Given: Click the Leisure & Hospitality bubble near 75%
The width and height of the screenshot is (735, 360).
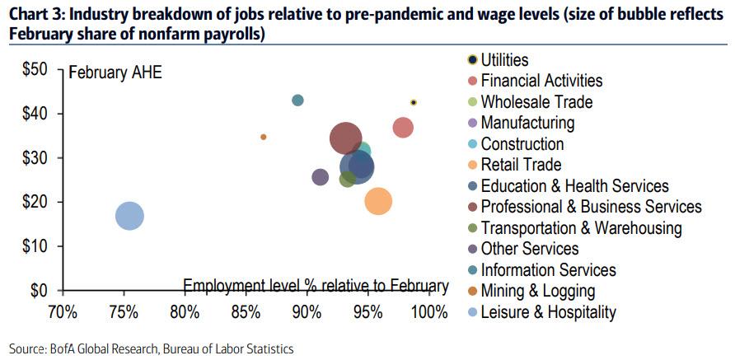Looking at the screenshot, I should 129,217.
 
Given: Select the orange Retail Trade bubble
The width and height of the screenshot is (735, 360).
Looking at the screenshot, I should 377,201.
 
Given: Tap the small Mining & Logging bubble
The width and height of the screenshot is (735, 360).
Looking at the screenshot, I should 264,137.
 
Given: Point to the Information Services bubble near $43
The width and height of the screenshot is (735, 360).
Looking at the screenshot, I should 297,101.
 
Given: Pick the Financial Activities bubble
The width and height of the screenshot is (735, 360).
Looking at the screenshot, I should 403,128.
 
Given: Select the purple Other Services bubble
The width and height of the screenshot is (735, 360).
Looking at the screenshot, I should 320,177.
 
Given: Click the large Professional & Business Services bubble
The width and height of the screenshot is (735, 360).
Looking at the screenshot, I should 346,138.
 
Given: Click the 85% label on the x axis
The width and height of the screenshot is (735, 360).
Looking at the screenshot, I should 246,312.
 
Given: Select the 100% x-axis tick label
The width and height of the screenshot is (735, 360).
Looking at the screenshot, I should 428,312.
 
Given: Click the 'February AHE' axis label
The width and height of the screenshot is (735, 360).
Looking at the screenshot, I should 115,72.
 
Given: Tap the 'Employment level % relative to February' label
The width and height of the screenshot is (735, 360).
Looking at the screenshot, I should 316,286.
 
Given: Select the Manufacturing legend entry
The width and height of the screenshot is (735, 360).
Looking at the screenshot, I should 527,123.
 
